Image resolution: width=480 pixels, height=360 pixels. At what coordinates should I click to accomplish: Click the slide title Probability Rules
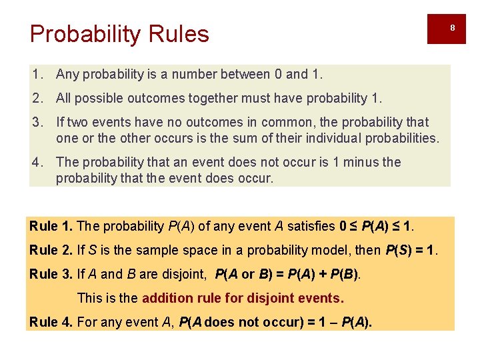pos(119,34)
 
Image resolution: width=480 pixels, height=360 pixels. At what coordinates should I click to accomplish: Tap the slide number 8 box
pos(451,28)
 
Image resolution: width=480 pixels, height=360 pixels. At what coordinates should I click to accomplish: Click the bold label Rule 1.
pos(51,226)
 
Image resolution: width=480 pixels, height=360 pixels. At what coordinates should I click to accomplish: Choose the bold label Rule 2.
pos(51,250)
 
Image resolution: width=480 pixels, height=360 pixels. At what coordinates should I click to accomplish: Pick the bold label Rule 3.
pos(51,274)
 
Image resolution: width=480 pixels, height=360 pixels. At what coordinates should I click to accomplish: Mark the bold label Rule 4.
pos(51,322)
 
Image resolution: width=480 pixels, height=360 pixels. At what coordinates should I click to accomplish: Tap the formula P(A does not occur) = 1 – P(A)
pos(276,322)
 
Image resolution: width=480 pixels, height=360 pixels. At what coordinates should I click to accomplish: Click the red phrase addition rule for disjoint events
pos(243,298)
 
